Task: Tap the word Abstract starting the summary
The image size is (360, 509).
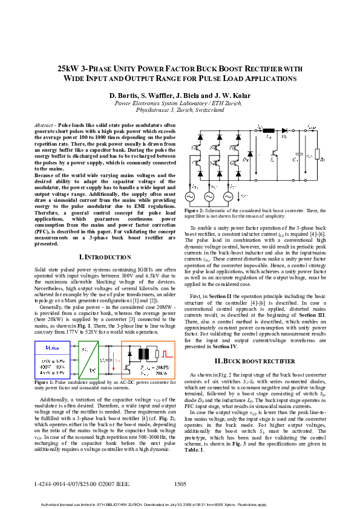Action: (x=45, y=124)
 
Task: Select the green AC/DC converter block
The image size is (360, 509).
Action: (x=90, y=360)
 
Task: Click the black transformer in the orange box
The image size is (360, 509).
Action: (x=145, y=352)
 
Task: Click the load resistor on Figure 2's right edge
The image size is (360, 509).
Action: (x=317, y=154)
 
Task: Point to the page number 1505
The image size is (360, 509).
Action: (x=180, y=484)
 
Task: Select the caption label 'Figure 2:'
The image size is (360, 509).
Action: (x=196, y=209)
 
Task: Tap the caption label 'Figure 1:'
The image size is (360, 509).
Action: (x=45, y=383)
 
